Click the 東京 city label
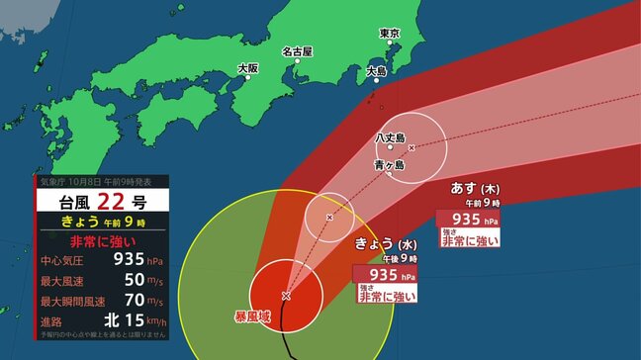click(390, 34)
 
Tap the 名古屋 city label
click(297, 51)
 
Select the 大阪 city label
click(247, 68)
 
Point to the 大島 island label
click(377, 71)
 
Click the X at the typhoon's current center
click(286, 296)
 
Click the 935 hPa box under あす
click(472, 220)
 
